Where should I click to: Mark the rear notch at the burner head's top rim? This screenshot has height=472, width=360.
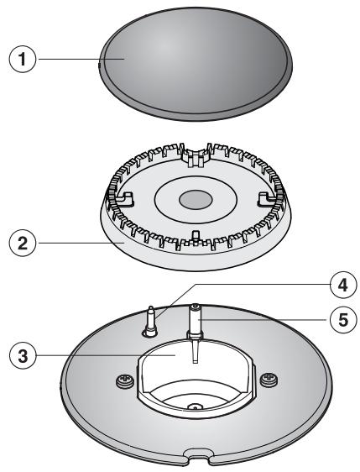(x=194, y=156)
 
